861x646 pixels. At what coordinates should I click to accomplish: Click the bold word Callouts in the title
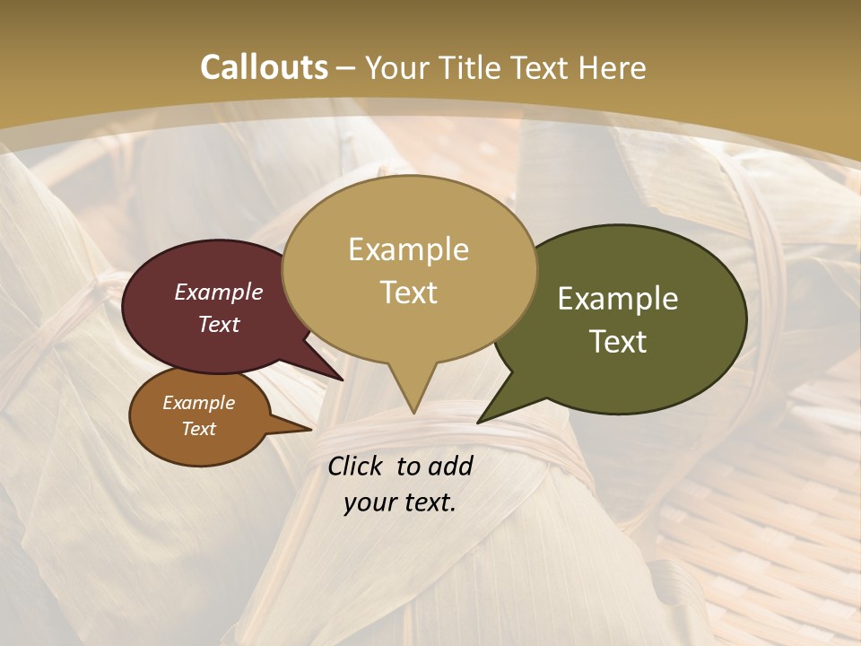[x=264, y=67]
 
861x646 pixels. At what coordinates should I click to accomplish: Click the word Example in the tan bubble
[x=408, y=249]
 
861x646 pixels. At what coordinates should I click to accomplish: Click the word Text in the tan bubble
[x=408, y=292]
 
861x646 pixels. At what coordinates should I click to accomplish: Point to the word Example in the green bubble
[x=618, y=299]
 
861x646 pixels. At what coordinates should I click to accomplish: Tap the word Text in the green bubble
[x=618, y=342]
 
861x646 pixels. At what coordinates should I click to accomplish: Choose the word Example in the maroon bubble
[x=219, y=292]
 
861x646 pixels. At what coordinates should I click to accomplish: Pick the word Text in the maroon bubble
[x=219, y=324]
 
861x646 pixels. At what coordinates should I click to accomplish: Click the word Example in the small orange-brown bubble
[x=198, y=403]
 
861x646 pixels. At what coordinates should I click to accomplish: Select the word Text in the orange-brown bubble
[x=198, y=429]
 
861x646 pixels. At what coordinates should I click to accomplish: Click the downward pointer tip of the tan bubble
[x=413, y=413]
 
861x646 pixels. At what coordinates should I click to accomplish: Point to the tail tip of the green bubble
[x=479, y=422]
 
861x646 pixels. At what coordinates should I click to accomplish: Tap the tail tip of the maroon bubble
[x=342, y=380]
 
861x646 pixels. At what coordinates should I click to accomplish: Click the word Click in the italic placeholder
[x=356, y=466]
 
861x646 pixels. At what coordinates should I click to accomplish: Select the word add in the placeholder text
[x=450, y=466]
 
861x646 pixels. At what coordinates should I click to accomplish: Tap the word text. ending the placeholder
[x=429, y=502]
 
